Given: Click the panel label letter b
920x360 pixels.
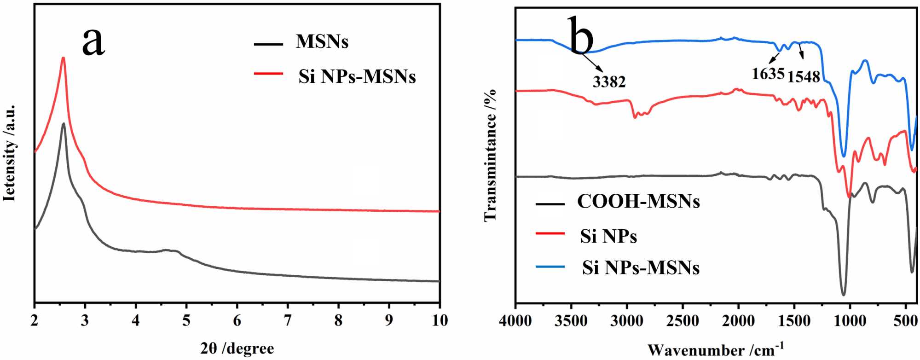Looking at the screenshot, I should point(581,35).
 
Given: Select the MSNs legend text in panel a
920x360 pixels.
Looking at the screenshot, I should point(322,42).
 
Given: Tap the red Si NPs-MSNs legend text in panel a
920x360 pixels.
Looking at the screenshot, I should point(357,76).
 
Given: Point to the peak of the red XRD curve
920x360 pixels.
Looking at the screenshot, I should point(63,58).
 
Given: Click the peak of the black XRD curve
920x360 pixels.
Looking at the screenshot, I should point(63,123).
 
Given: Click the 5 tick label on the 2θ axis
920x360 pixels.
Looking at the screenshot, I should point(186,320).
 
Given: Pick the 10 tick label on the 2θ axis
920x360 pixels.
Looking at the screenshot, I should point(440,320).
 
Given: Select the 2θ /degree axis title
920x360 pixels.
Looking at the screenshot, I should point(237,348).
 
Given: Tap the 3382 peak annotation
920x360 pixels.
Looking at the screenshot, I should point(609,82).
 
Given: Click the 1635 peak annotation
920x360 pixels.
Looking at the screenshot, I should point(768,74).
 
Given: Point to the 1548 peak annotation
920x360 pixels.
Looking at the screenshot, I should point(804,77).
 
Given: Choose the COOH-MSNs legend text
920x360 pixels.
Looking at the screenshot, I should point(638,202).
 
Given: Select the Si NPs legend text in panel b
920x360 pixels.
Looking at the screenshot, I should point(608,236).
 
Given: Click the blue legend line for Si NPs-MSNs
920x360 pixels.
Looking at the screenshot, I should point(550,267).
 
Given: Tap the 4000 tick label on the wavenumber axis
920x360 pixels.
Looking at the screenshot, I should point(515,321).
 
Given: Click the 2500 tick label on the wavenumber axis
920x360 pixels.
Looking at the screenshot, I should point(683,321).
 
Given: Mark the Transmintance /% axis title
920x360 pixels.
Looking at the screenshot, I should point(491,155).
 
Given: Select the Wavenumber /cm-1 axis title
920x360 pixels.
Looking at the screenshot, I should point(716,349).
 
